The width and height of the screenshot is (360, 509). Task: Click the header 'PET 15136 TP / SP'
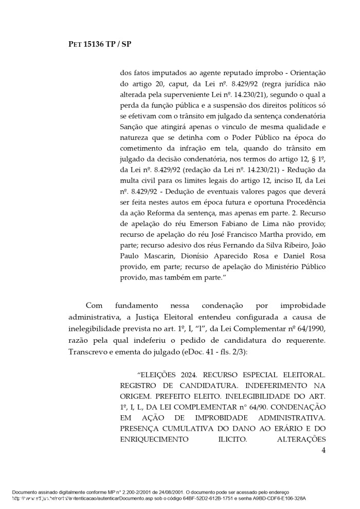(x=100, y=44)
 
